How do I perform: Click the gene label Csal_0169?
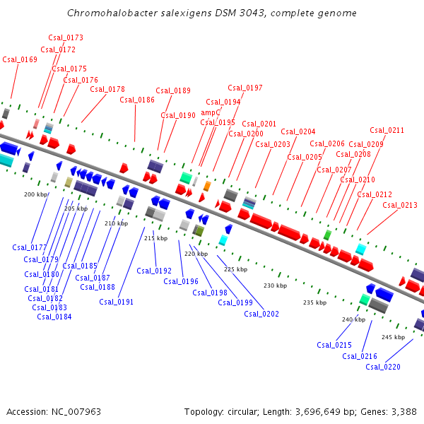point(20,60)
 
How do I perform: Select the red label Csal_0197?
point(245,88)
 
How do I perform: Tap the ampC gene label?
point(211,112)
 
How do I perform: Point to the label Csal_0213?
point(400,206)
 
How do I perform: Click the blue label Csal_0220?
point(383,367)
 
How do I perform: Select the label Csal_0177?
point(30,247)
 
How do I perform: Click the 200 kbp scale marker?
point(35,194)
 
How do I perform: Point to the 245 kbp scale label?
point(393,337)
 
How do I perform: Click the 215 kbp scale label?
point(155,238)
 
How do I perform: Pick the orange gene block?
point(207,186)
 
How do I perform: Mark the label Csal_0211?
point(387,130)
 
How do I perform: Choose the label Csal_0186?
point(137,100)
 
